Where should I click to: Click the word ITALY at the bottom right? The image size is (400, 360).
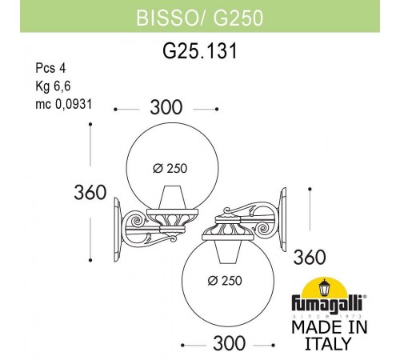point(329,345)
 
